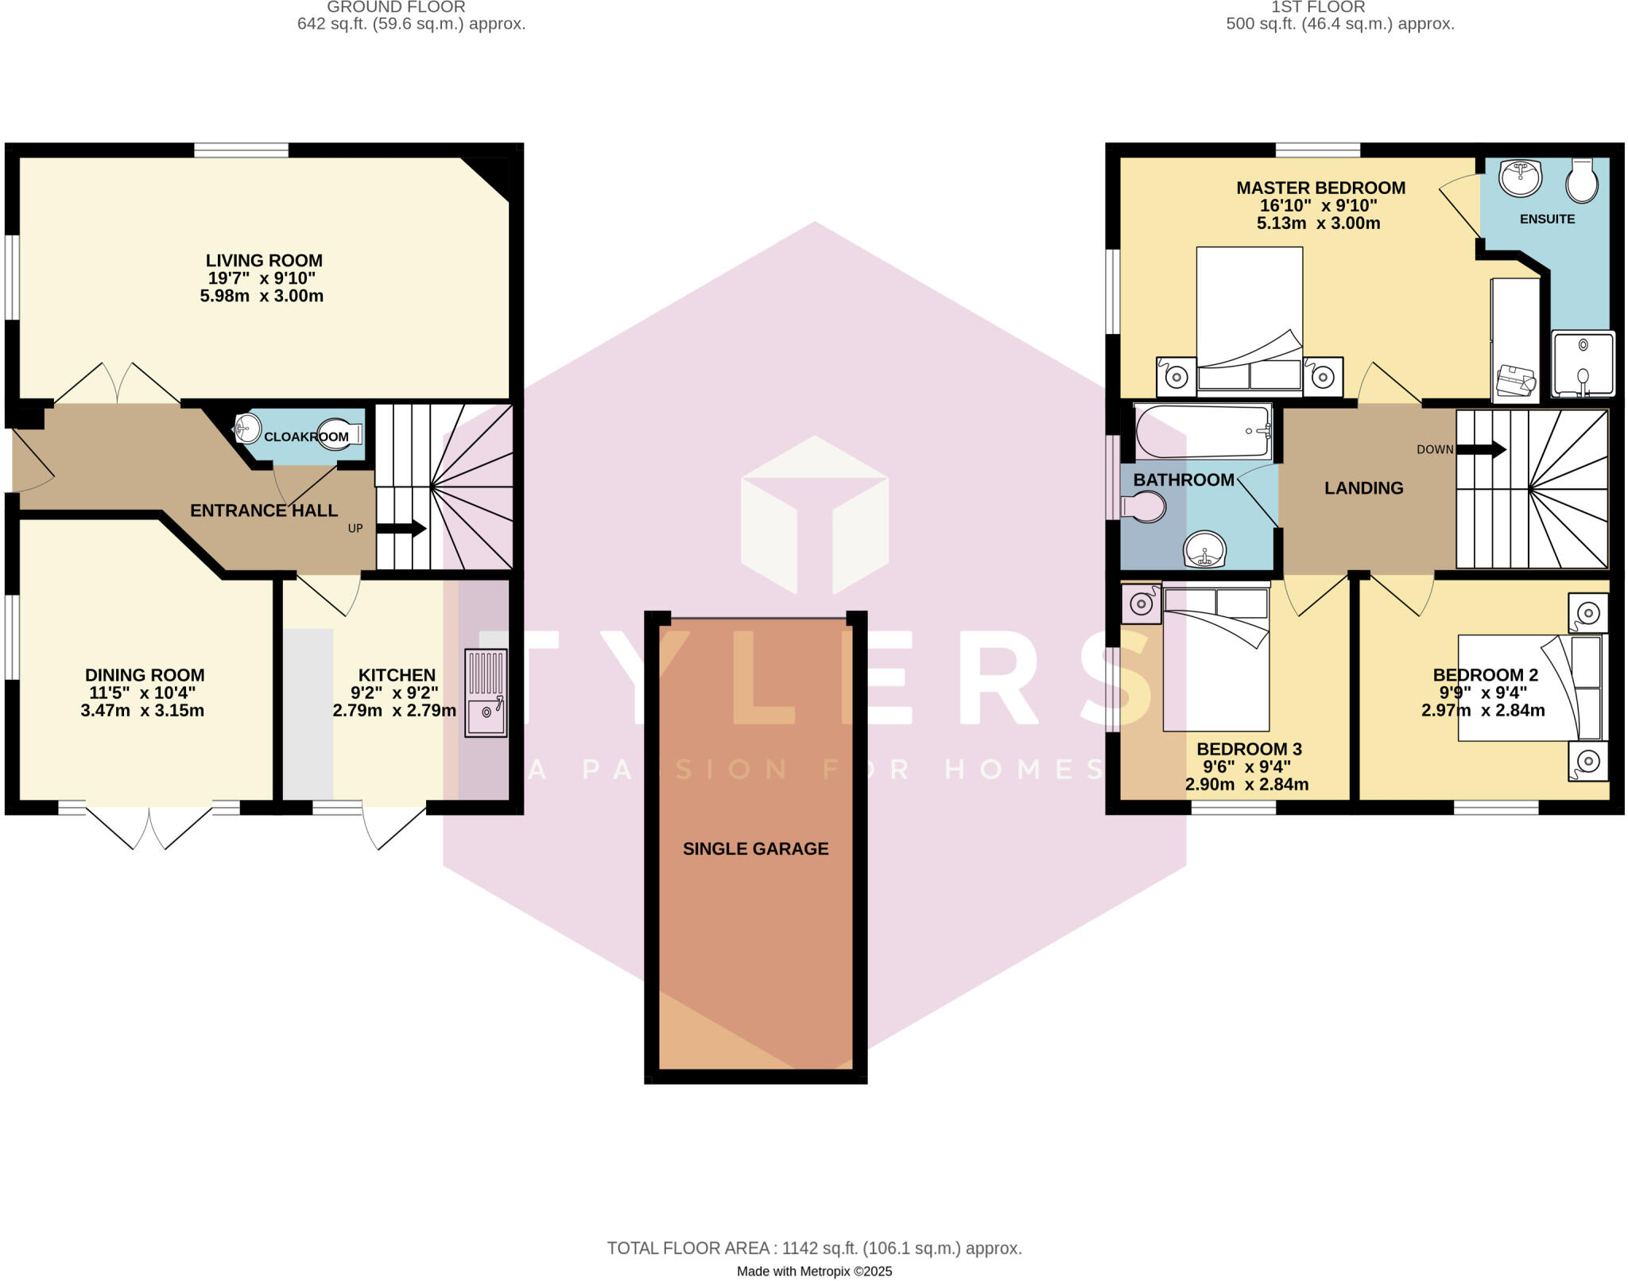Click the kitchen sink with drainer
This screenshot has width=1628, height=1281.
(486, 693)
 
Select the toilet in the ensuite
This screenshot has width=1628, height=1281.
(1582, 181)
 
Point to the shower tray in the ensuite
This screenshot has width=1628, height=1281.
(1583, 363)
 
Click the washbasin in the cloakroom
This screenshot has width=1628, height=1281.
(248, 429)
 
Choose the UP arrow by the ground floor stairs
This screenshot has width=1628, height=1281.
(401, 529)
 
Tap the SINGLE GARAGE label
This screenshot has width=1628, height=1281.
(755, 848)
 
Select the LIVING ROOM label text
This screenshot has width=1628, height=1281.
(264, 261)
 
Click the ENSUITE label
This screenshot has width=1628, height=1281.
(1547, 219)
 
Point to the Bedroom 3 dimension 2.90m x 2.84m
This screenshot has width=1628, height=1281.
(1246, 785)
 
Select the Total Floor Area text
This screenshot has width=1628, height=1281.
(814, 1248)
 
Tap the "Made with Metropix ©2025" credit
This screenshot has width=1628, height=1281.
(814, 1271)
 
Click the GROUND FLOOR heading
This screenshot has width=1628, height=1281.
(396, 7)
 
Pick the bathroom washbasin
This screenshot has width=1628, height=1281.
(1204, 549)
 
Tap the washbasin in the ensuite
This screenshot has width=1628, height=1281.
(1520, 177)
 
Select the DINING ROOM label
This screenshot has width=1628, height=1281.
(145, 675)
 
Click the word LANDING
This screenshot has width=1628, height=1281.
(1363, 488)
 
